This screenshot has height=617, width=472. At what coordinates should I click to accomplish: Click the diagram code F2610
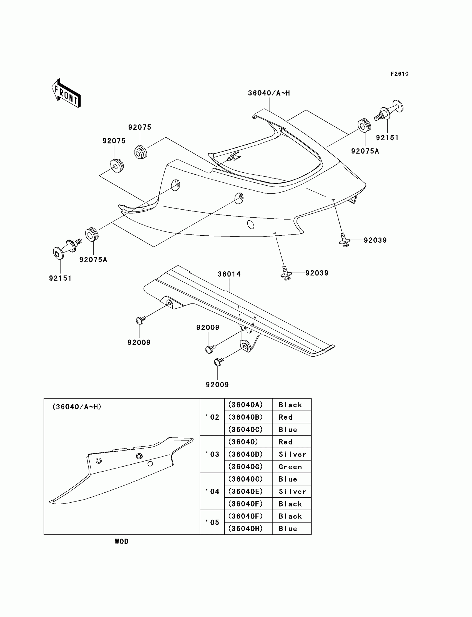pos(400,74)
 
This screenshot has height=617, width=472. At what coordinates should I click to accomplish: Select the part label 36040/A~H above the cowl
pos(268,93)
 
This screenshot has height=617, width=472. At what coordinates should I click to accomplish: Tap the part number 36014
pos(229,274)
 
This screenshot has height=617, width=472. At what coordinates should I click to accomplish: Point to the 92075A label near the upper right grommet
pos(365,151)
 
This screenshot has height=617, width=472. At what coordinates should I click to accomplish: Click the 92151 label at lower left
pos(61,278)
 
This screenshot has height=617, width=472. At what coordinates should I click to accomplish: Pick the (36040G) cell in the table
pos(245,467)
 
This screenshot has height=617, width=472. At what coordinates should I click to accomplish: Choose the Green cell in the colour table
pos(290,467)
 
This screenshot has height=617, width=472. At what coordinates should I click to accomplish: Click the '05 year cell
pos(212,522)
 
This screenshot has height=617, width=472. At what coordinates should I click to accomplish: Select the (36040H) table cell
pos(245,528)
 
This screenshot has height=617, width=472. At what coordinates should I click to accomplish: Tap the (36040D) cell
pos(245,454)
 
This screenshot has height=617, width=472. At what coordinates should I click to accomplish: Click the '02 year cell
pos(212,417)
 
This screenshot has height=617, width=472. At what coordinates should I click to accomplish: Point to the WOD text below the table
pos(121,542)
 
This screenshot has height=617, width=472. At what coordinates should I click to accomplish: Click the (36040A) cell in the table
pos(245,405)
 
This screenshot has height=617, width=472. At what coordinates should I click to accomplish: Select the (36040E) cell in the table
pos(245,492)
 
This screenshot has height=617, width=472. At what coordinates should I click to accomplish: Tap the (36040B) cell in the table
pos(245,417)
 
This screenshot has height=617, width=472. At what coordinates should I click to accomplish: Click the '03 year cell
pos(212,454)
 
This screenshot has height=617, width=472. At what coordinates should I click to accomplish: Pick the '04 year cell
pos(212,492)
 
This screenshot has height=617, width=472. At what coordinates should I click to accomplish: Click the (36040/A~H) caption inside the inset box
pos(77,407)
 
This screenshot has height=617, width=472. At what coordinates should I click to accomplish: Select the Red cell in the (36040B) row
pos(285,417)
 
